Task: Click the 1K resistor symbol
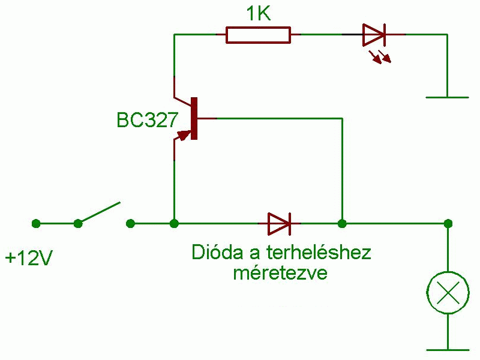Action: pyautogui.click(x=258, y=35)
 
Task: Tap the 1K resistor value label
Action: pyautogui.click(x=259, y=14)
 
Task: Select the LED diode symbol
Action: pyautogui.click(x=373, y=35)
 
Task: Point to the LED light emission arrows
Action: pyautogui.click(x=380, y=56)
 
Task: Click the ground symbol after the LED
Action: pyautogui.click(x=447, y=96)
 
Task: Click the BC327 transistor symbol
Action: pyautogui.click(x=191, y=118)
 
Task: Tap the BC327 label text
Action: pyautogui.click(x=147, y=120)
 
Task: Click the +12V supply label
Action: pyautogui.click(x=29, y=259)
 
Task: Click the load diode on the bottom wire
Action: pyautogui.click(x=279, y=224)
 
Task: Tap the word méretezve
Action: pyautogui.click(x=280, y=273)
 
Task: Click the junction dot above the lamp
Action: pyautogui.click(x=448, y=224)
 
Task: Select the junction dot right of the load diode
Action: pyautogui.click(x=342, y=224)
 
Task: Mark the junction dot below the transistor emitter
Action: pyautogui.click(x=174, y=224)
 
